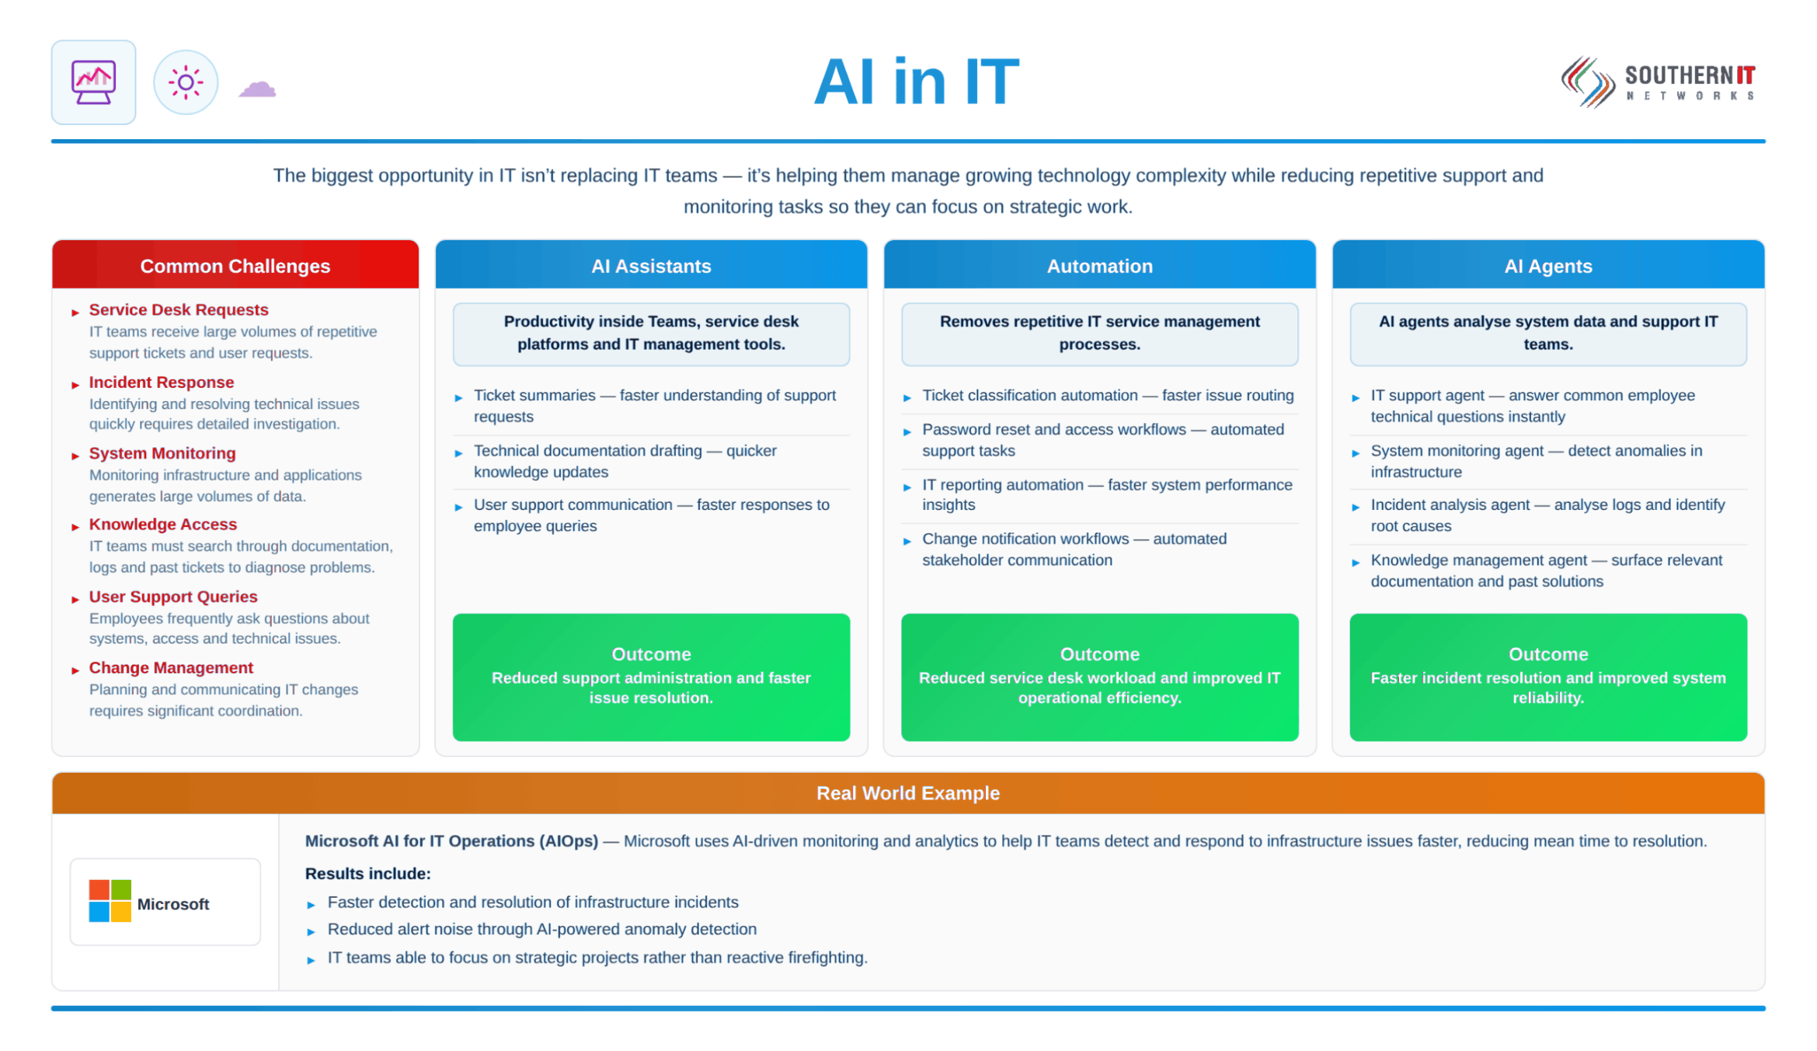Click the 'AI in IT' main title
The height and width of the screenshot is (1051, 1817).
point(917,82)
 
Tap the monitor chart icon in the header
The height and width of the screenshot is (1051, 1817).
point(93,82)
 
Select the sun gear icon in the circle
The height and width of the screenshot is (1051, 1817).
point(186,82)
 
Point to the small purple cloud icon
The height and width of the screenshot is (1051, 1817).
point(257,89)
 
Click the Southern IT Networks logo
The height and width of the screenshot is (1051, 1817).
point(1659,82)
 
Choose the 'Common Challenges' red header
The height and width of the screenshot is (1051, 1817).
point(235,266)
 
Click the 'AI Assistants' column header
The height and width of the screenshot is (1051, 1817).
point(651,266)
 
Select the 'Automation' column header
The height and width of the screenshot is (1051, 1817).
point(1099,266)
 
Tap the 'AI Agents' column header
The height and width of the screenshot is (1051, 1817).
point(1548,266)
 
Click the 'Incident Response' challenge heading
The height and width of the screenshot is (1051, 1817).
point(162,382)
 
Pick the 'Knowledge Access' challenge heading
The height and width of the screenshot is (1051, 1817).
point(163,525)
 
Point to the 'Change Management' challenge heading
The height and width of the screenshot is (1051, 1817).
point(171,668)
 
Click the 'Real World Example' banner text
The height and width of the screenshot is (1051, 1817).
point(908,793)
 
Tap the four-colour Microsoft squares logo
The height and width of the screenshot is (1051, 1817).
point(110,901)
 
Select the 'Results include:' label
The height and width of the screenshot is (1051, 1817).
point(368,874)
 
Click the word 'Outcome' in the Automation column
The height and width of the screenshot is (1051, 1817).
point(1100,655)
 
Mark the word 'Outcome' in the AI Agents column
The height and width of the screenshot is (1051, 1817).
point(1548,655)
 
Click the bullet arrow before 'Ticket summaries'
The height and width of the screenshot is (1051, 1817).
point(458,398)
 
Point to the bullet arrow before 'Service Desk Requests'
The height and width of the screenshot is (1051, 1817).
point(75,313)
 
